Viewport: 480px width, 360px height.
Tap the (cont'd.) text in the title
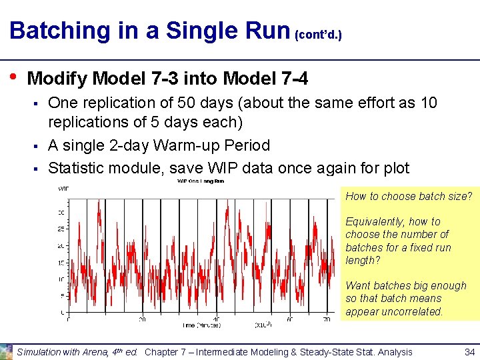tap(318, 33)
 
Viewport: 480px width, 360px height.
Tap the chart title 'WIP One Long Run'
tap(199, 181)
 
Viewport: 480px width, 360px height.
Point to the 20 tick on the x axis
tap(142, 319)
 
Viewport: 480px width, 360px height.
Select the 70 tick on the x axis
tap(327, 319)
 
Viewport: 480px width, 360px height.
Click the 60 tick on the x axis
tap(290, 319)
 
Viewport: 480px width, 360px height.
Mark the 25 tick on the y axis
tap(61, 229)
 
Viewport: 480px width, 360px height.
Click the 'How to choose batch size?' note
tap(408, 196)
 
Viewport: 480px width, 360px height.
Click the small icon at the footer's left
tap(7, 351)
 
